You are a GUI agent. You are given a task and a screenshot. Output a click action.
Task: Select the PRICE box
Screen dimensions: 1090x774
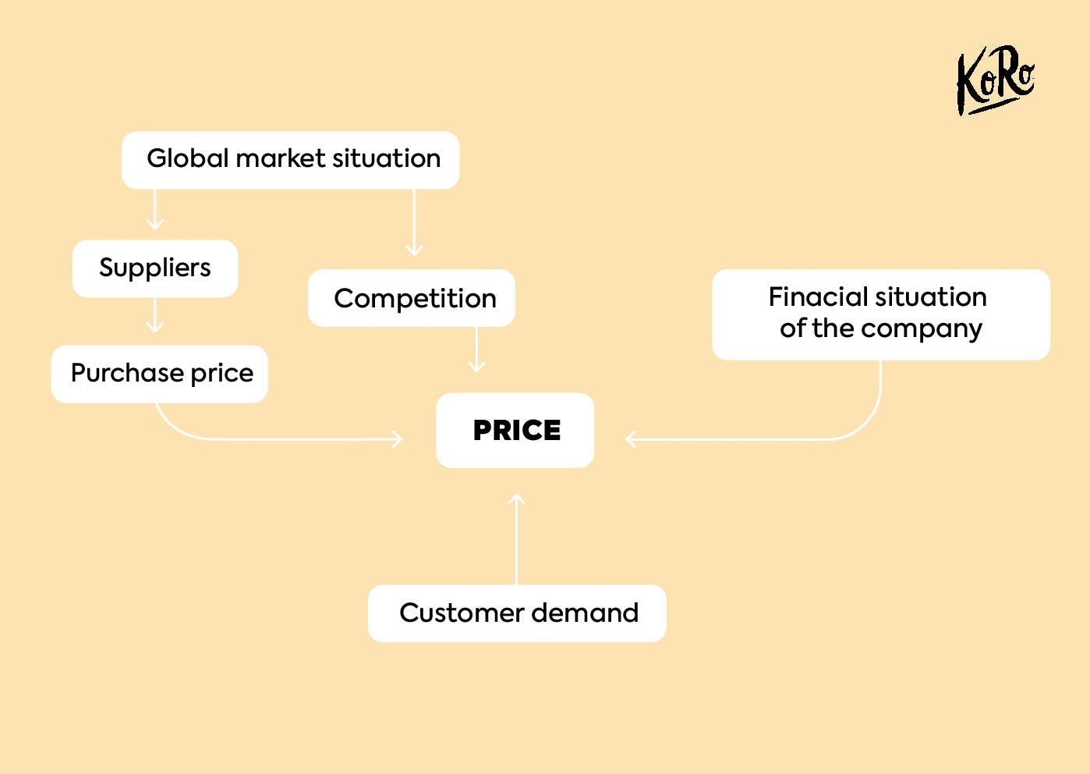pyautogui.click(x=515, y=431)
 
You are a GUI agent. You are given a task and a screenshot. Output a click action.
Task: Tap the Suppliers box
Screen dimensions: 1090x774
pyautogui.click(x=154, y=268)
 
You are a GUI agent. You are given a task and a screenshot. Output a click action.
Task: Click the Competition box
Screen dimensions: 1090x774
pyautogui.click(x=412, y=298)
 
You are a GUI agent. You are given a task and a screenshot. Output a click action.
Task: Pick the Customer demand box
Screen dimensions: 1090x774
pyautogui.click(x=517, y=613)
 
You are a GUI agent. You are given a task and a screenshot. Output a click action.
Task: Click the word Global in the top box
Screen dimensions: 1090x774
pyautogui.click(x=188, y=158)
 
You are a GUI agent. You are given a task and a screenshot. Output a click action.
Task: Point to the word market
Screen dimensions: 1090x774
pyautogui.click(x=281, y=158)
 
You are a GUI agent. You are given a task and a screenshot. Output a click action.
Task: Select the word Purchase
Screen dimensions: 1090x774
pyautogui.click(x=128, y=374)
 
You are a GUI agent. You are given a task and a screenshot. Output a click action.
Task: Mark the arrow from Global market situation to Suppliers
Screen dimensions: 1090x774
pyautogui.click(x=154, y=209)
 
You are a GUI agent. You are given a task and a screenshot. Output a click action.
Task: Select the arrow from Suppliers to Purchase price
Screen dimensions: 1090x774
pyautogui.click(x=154, y=315)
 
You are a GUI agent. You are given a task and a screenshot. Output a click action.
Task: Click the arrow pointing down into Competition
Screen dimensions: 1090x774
pyautogui.click(x=414, y=222)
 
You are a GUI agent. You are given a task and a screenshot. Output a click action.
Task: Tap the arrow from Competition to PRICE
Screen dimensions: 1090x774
pyautogui.click(x=476, y=350)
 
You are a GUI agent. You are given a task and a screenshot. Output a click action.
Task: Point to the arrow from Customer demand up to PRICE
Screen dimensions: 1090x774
pyautogui.click(x=516, y=539)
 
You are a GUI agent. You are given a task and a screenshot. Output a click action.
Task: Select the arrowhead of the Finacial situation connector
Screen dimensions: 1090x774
pyautogui.click(x=630, y=438)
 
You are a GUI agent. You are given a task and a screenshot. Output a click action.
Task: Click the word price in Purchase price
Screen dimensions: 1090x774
pyautogui.click(x=222, y=374)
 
